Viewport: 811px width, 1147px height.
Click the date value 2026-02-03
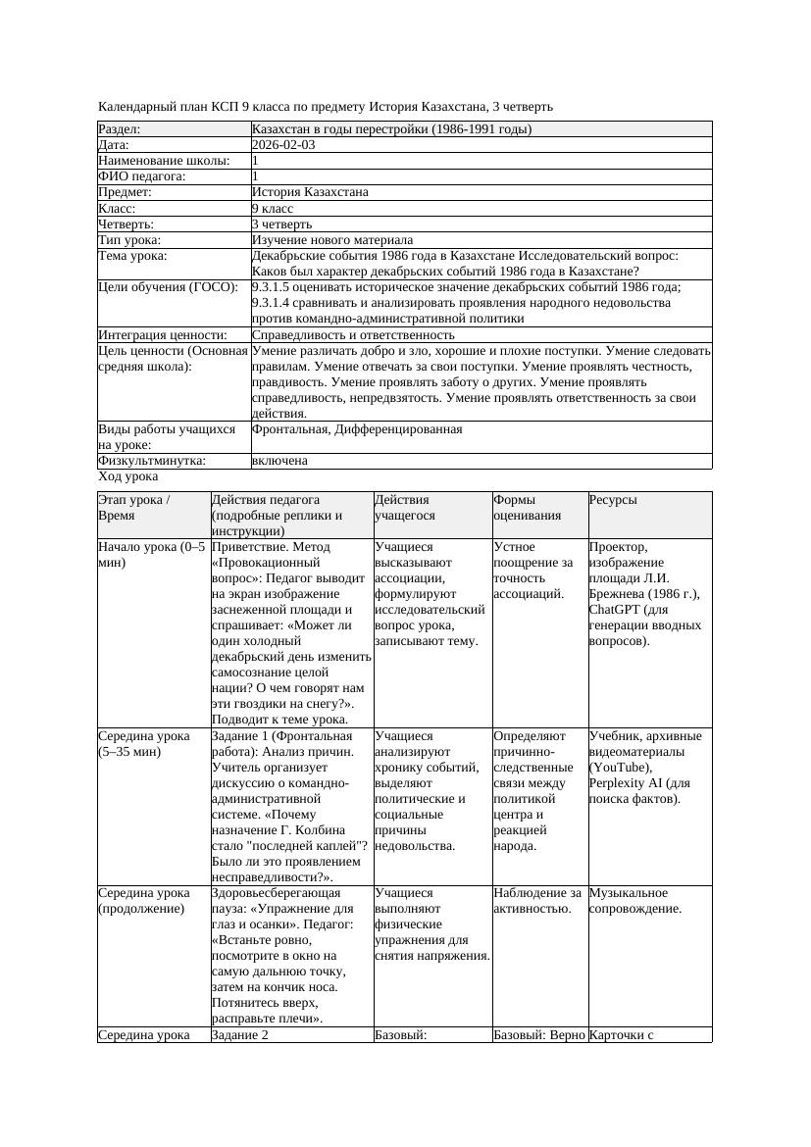click(x=283, y=144)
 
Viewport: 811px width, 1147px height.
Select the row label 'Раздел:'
click(x=120, y=128)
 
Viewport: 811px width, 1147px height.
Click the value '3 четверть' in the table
click(x=281, y=224)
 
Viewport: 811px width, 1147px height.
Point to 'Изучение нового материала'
click(x=332, y=239)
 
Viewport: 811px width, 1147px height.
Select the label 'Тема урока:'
click(x=133, y=256)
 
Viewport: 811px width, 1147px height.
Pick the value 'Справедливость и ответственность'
click(x=353, y=334)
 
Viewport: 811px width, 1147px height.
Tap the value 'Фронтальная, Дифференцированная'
click(x=357, y=429)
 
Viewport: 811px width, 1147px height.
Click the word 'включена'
click(x=279, y=461)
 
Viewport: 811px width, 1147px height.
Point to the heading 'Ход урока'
click(x=128, y=476)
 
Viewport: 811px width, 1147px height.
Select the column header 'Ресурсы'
click(x=613, y=500)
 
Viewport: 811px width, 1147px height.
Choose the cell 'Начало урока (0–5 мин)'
click(x=152, y=555)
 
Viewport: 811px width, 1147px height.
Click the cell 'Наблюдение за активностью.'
click(x=537, y=901)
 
